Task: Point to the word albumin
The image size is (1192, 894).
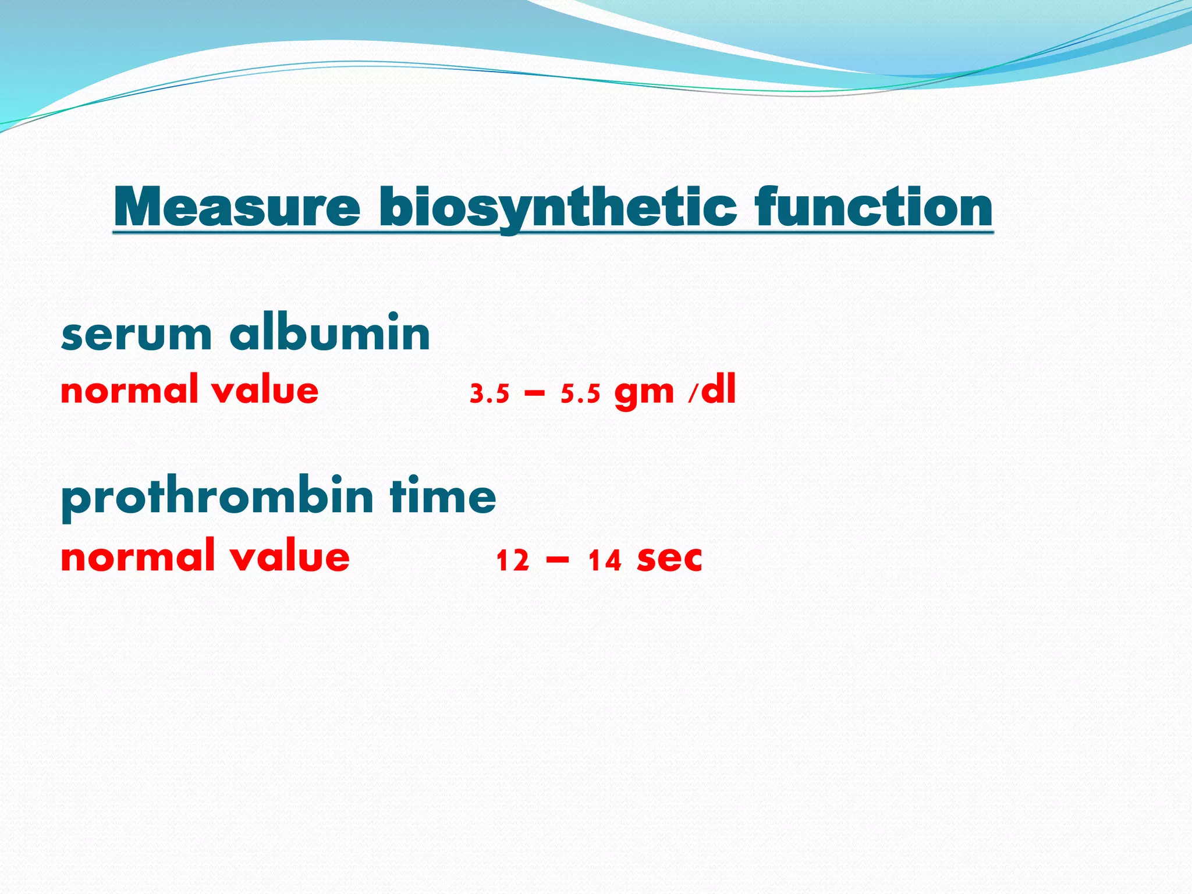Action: tap(330, 333)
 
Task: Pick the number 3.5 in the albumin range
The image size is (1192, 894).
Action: tap(489, 395)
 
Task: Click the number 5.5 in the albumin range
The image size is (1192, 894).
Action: tap(580, 395)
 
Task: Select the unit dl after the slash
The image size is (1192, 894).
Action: tap(718, 389)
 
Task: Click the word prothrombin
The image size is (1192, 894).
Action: tap(217, 498)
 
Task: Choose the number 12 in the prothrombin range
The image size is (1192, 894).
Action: tap(513, 561)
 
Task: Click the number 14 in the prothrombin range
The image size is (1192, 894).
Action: tap(605, 561)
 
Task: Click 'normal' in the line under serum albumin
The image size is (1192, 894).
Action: tap(129, 390)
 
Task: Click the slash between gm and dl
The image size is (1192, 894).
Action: tap(691, 395)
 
